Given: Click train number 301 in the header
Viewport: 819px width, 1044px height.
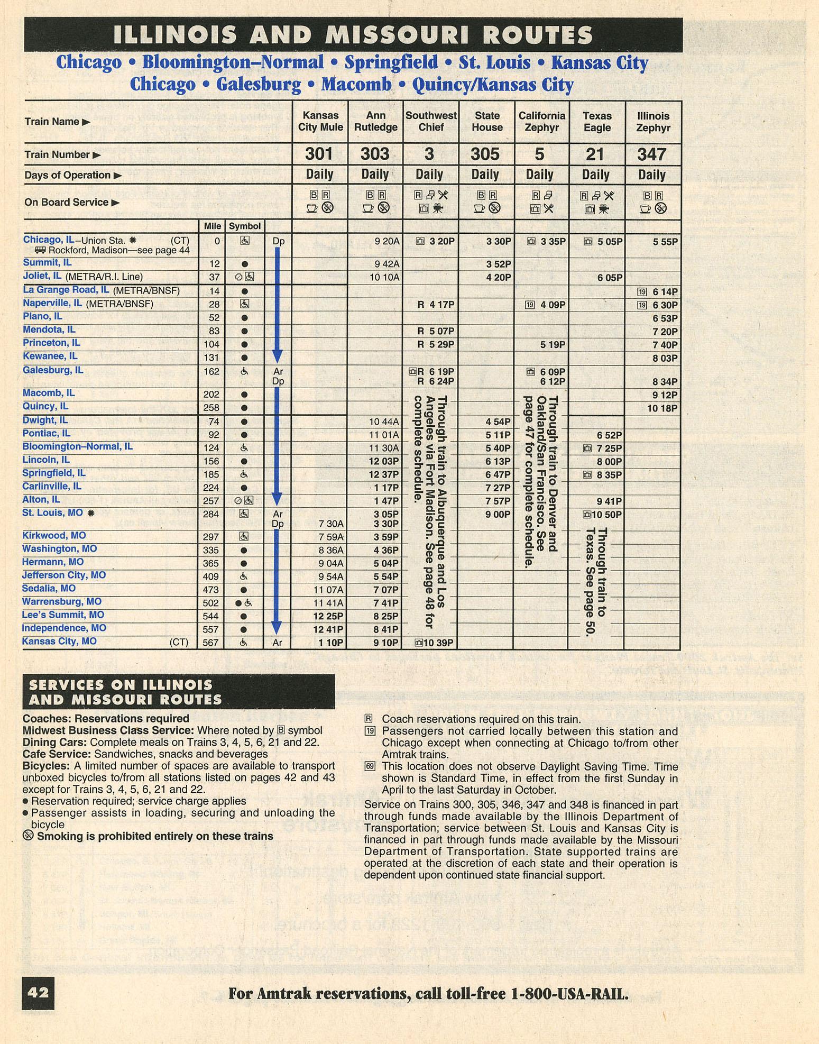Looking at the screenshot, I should pyautogui.click(x=319, y=154).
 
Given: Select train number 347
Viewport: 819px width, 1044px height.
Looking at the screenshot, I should pyautogui.click(x=651, y=154).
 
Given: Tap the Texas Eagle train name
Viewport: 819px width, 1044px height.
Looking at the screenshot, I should pyautogui.click(x=596, y=122).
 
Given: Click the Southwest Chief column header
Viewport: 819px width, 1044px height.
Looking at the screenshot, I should pyautogui.click(x=431, y=122).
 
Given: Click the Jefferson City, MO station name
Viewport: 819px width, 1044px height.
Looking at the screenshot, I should pyautogui.click(x=64, y=575).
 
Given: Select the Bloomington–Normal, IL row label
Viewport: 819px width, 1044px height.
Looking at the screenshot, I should pyautogui.click(x=77, y=447).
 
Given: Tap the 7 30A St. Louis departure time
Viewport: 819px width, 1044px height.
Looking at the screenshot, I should pyautogui.click(x=331, y=524).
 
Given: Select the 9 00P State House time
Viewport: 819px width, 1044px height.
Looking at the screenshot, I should pyautogui.click(x=498, y=514).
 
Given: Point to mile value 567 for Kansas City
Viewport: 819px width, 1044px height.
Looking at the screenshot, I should pyautogui.click(x=211, y=643).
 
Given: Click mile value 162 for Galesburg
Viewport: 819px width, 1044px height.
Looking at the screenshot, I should pyautogui.click(x=211, y=372).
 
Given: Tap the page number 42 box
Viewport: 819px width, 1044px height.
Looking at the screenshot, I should pyautogui.click(x=38, y=992).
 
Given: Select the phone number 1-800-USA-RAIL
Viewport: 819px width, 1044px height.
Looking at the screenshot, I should pyautogui.click(x=570, y=994).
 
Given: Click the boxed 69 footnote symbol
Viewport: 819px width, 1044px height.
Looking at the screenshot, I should pyautogui.click(x=370, y=766).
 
